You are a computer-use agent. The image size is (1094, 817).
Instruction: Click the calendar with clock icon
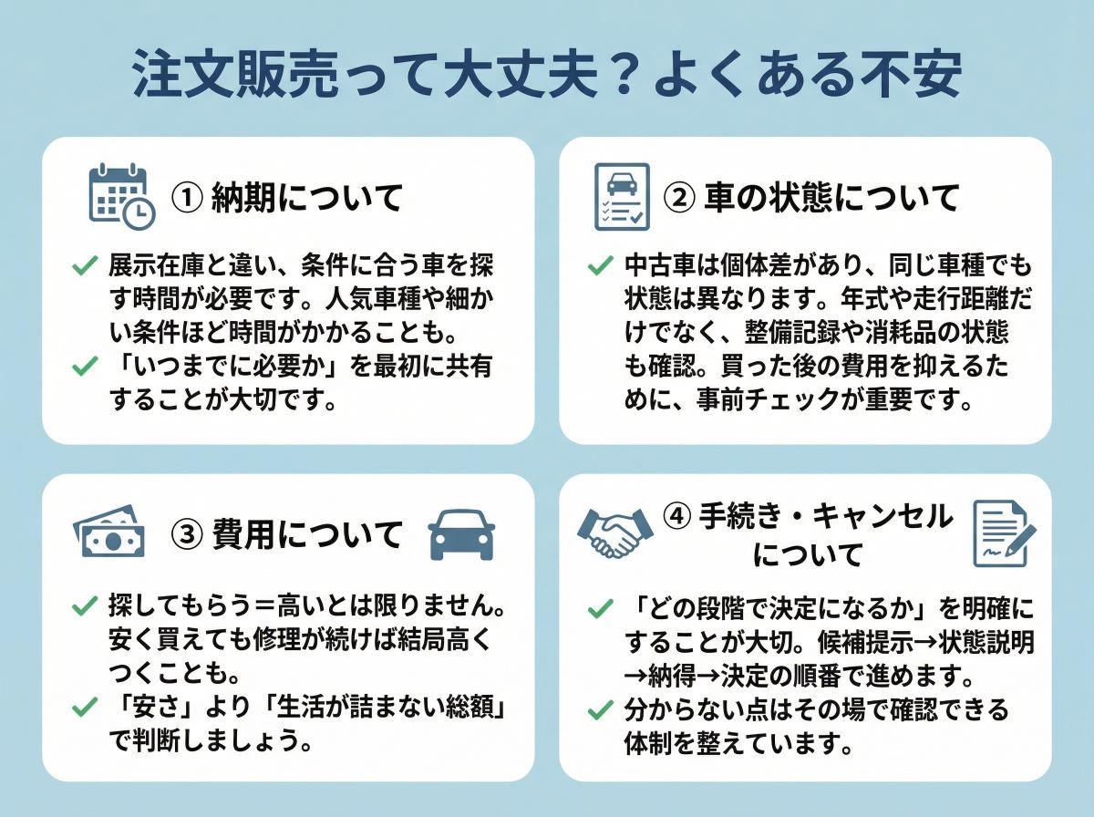click(121, 195)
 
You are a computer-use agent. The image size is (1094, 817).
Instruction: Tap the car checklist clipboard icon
click(621, 197)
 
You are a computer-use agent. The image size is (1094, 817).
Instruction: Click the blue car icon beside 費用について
click(461, 534)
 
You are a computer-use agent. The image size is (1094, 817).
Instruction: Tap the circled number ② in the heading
click(681, 198)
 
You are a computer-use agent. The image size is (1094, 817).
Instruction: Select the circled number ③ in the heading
click(186, 534)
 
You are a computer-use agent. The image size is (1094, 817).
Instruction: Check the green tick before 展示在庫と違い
click(85, 266)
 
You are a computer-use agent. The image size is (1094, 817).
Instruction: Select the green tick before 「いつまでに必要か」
click(85, 366)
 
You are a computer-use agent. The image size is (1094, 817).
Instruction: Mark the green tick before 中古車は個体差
click(600, 266)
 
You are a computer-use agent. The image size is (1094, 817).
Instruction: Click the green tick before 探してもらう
click(85, 605)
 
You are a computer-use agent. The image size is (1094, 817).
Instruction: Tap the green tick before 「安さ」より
click(85, 706)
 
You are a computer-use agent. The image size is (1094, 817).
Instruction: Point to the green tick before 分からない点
click(600, 708)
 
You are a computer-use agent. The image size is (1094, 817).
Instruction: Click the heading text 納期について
click(307, 198)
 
